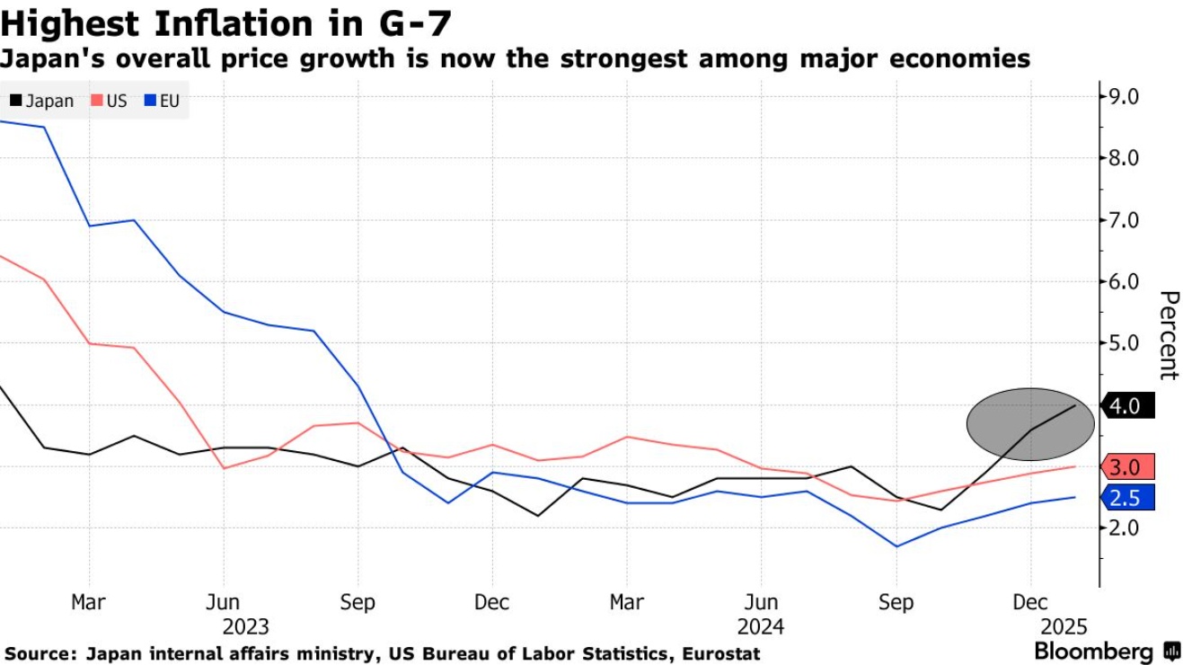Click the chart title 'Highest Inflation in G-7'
click(x=225, y=22)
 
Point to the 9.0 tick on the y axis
click(x=1126, y=97)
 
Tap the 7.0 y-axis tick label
click(x=1126, y=220)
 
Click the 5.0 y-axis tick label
click(x=1126, y=343)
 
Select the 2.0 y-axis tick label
click(x=1126, y=528)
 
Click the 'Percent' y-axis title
click(x=1168, y=334)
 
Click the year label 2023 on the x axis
click(x=245, y=626)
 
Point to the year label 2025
click(x=1063, y=626)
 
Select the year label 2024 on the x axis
click(x=761, y=626)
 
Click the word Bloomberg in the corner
click(x=1093, y=651)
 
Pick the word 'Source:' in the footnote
click(x=40, y=653)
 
